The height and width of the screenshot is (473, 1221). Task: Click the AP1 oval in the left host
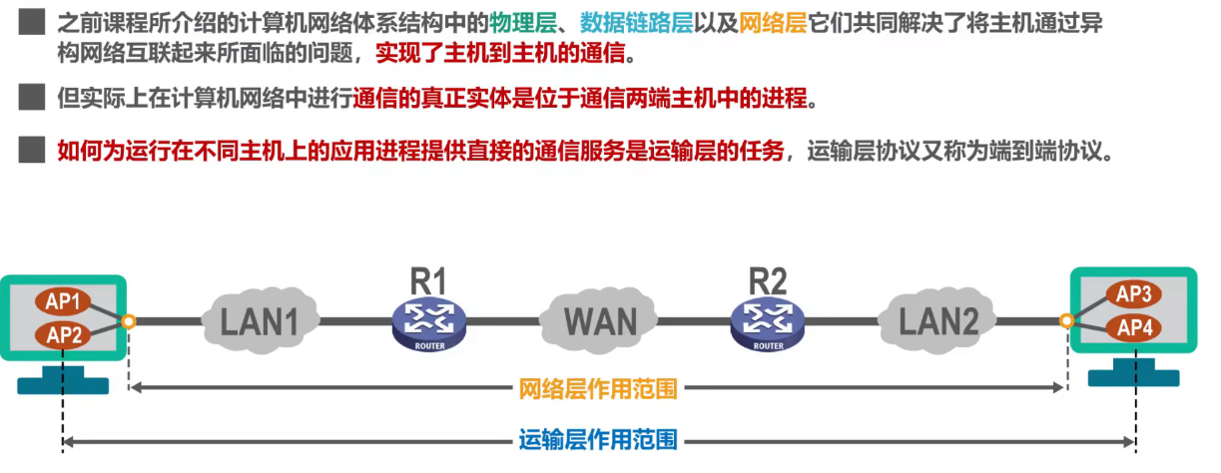(64, 300)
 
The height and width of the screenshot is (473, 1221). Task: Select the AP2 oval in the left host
(64, 334)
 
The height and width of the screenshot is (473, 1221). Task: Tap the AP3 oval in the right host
(1134, 294)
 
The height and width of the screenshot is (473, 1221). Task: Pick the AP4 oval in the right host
(1134, 326)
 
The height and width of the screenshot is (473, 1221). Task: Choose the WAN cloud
(600, 320)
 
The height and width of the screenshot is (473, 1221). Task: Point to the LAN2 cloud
(938, 320)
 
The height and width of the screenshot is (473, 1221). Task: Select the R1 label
(429, 281)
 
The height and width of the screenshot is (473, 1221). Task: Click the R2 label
(769, 281)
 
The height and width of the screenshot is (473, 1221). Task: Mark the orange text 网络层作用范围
(598, 389)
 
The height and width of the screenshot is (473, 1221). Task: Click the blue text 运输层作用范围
(598, 439)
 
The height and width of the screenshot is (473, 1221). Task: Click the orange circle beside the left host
(129, 321)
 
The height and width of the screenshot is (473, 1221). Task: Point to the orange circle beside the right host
(1067, 321)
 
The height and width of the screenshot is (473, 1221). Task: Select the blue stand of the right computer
(1133, 374)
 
